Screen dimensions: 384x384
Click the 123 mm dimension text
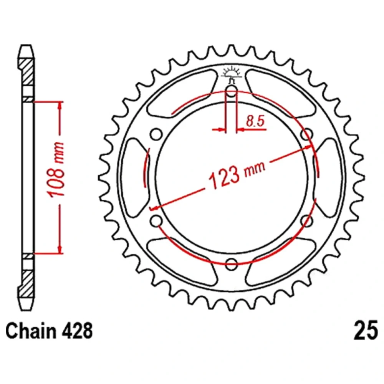click(237, 174)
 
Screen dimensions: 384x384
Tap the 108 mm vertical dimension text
click(56, 169)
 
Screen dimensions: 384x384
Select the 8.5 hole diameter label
click(255, 121)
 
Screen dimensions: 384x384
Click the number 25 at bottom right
click(366, 331)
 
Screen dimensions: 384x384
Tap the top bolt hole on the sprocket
click(231, 92)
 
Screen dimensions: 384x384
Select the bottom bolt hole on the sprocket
click(231, 264)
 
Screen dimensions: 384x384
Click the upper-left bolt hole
click(156, 134)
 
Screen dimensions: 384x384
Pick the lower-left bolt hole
click(156, 221)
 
